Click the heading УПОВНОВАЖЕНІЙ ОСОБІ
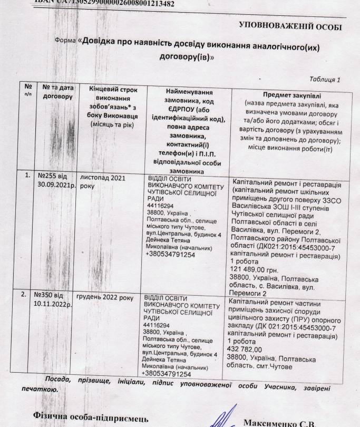point(290,26)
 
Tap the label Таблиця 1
point(326,80)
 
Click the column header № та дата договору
point(57,92)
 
